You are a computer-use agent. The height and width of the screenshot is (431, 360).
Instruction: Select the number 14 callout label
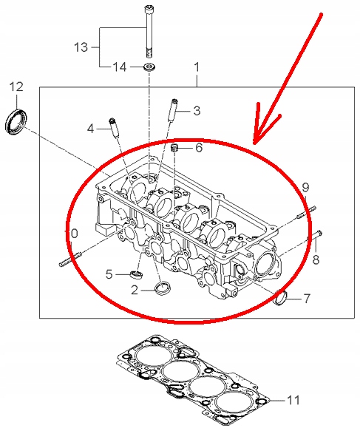coord(120,67)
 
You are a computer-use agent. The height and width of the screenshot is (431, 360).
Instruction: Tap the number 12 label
coord(16,87)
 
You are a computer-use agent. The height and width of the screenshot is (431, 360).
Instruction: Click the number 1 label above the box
coord(197,67)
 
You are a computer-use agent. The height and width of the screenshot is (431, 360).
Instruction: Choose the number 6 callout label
coord(198,147)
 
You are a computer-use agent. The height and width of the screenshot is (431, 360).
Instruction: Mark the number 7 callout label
coord(307,299)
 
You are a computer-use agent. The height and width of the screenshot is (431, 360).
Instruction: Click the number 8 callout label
coord(315,259)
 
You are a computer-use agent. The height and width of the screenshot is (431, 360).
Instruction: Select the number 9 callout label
coord(304,186)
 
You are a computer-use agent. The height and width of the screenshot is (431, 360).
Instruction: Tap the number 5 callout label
coord(109,274)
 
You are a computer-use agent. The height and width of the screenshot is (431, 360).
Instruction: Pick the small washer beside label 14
coord(149,68)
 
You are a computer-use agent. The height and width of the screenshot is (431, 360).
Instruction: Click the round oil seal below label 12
coord(15,121)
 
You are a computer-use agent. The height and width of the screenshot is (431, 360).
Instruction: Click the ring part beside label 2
coord(160,287)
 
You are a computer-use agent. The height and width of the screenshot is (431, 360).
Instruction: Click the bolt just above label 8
coord(319,236)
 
